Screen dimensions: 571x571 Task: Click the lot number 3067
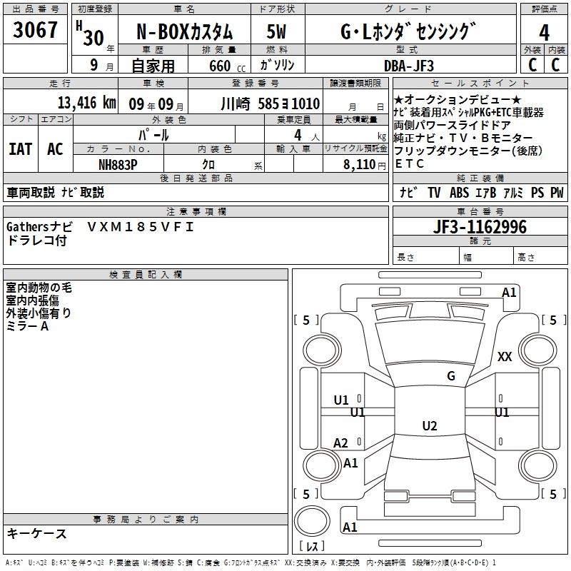click(x=35, y=30)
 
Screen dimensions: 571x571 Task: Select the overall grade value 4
click(x=544, y=33)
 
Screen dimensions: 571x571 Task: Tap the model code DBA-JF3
click(x=409, y=66)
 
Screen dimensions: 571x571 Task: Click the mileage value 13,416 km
click(x=86, y=103)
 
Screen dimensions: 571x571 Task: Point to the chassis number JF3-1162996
click(x=480, y=227)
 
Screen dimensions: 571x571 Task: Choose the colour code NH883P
click(x=118, y=165)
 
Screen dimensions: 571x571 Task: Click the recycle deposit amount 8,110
click(x=359, y=165)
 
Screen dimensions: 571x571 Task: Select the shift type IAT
click(x=21, y=149)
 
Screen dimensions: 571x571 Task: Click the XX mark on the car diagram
click(x=505, y=356)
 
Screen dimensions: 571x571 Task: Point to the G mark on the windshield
click(x=451, y=375)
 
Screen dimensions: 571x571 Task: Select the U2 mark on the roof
click(x=430, y=425)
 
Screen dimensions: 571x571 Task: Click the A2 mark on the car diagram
click(x=340, y=443)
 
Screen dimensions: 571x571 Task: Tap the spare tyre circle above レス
click(x=312, y=520)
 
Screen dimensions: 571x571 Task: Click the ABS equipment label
click(x=459, y=192)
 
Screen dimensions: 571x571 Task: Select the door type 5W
click(x=276, y=31)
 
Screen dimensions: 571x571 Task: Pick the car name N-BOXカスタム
click(x=185, y=32)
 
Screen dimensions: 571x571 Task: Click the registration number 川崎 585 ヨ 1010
click(x=271, y=103)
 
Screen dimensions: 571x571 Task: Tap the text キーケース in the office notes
click(x=36, y=533)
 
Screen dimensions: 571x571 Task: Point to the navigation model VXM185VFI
click(x=141, y=227)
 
